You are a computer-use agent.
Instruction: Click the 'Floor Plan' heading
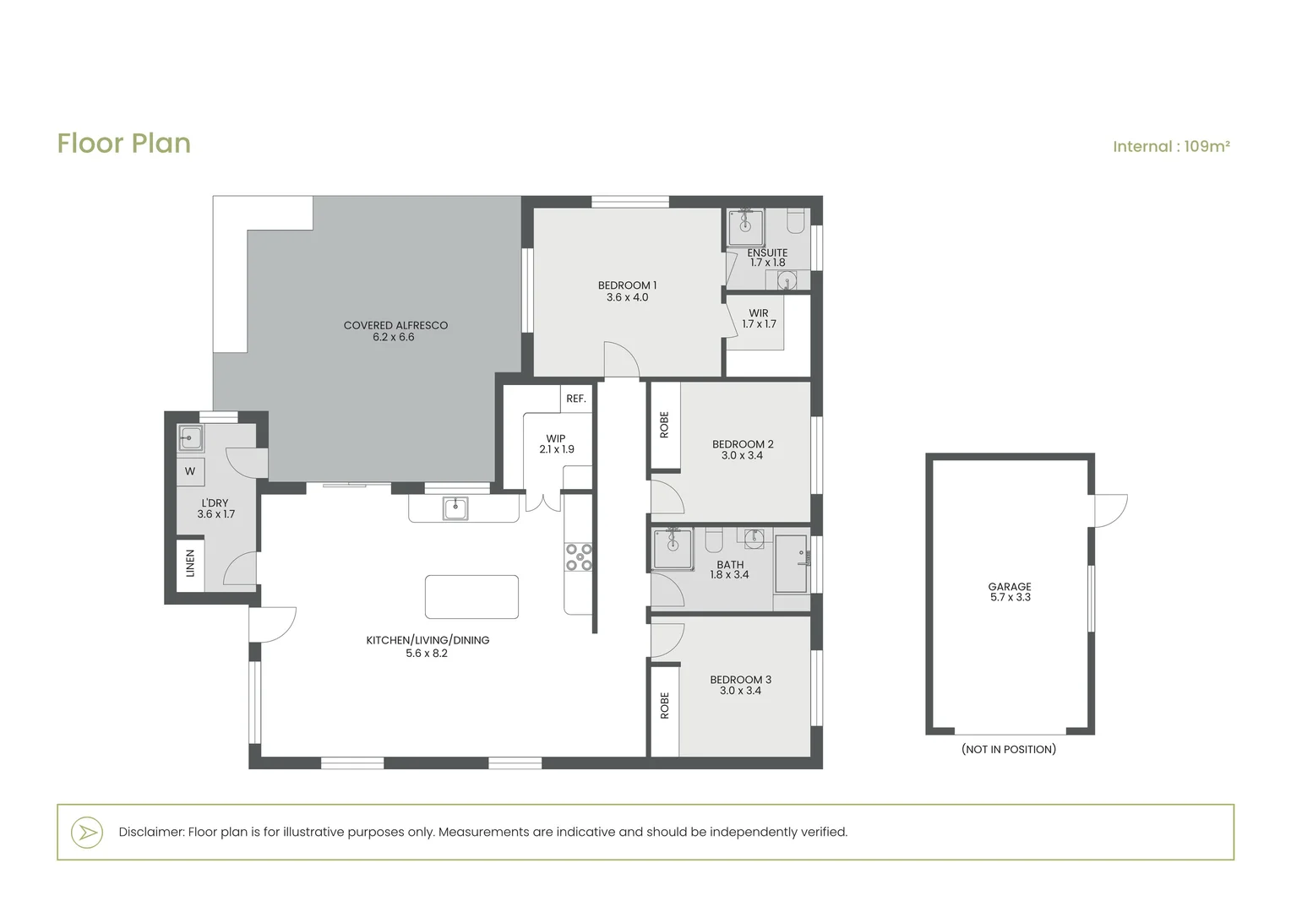point(124,144)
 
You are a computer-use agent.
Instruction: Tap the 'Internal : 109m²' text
point(1171,146)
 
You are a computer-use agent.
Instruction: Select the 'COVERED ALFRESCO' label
point(395,325)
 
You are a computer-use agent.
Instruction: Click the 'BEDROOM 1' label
point(627,285)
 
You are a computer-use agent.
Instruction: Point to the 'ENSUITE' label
point(767,253)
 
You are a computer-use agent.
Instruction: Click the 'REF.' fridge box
point(575,399)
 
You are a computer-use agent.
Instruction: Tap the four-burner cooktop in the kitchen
point(579,557)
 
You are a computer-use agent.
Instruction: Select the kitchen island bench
point(471,597)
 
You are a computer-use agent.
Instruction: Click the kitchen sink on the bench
point(455,508)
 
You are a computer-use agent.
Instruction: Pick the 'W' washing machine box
point(190,471)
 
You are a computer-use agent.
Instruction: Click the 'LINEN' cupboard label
point(190,563)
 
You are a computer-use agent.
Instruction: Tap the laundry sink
point(189,438)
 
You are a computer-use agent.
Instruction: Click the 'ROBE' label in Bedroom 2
point(664,425)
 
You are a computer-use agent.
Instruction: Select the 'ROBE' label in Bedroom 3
point(665,706)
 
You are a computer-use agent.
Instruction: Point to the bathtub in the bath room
point(791,564)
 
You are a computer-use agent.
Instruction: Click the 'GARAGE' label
point(1010,587)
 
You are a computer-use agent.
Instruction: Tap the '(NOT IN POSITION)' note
point(1009,750)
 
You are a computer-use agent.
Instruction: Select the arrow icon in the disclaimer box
point(88,833)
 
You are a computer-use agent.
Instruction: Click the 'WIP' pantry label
point(556,438)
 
